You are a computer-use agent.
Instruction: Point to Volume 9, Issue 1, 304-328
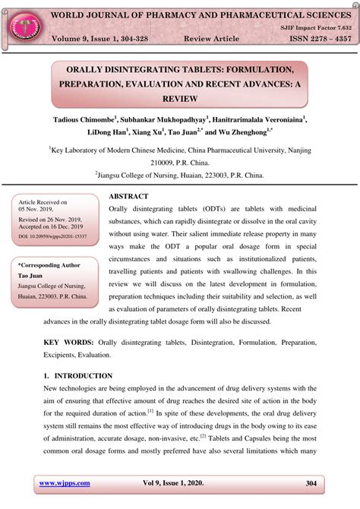[106, 37]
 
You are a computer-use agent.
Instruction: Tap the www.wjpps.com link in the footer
[65, 482]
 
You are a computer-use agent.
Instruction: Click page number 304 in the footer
[311, 482]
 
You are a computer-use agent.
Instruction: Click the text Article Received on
[43, 202]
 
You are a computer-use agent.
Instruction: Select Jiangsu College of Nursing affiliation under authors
[179, 175]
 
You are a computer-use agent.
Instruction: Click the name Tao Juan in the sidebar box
[30, 275]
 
